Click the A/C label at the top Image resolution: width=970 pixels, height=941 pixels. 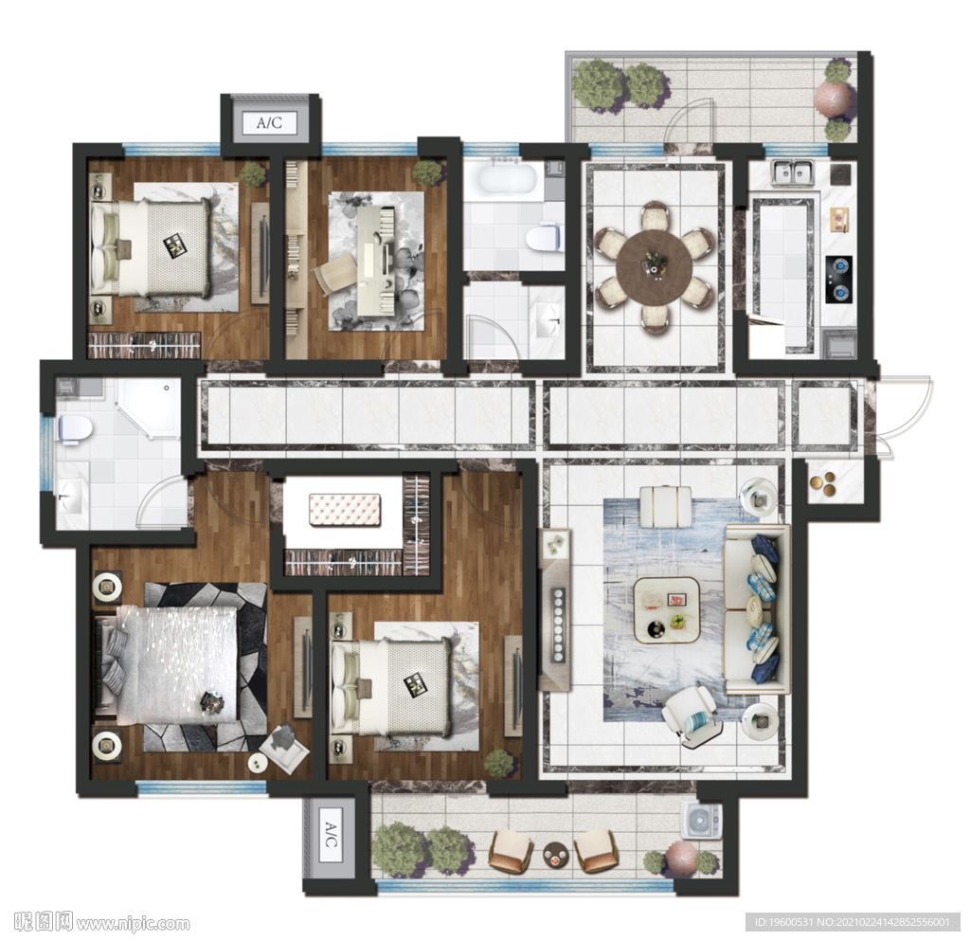coord(269,122)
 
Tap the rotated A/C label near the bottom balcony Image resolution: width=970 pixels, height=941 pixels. coord(330,835)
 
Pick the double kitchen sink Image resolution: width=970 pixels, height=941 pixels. coord(793,172)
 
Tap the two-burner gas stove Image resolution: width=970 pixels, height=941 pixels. coord(839,280)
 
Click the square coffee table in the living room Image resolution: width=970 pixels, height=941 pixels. coord(668,609)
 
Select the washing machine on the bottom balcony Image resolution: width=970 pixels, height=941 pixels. coord(702,821)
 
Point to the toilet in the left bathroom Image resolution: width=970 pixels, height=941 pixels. coord(74,428)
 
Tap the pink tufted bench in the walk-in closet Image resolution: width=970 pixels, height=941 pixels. coord(345,511)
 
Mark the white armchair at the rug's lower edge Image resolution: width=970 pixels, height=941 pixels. coord(692,716)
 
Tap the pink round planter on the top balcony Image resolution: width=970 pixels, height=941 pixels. coord(833,99)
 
